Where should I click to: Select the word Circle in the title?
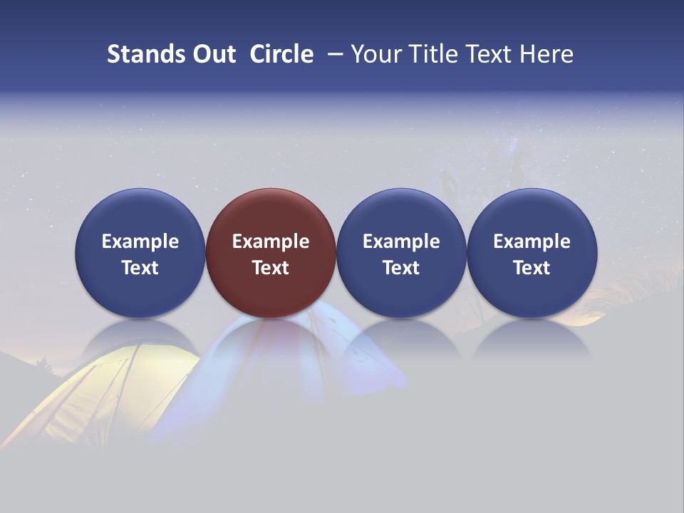coord(281,54)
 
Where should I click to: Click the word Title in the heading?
coord(432,54)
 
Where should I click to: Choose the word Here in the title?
coord(546,54)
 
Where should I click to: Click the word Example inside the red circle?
coord(271,242)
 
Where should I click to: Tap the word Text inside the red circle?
coord(271,268)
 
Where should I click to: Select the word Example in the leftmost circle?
coord(140,242)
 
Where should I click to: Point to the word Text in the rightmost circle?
coord(532,268)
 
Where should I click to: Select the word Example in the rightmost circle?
coord(532,242)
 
